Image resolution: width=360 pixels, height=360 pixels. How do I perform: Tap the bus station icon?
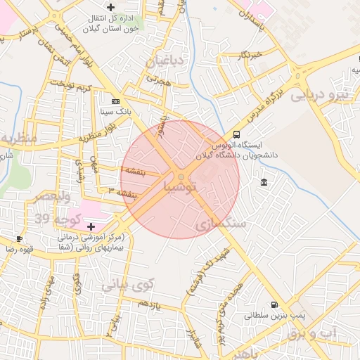click(236, 134)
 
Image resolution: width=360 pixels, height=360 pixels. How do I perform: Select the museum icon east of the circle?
click(264, 183)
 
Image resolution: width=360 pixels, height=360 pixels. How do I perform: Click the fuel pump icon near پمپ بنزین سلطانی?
click(274, 306)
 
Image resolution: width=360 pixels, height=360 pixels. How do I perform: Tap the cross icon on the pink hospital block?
click(91, 226)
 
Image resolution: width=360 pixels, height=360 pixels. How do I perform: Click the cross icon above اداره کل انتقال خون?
click(111, 7)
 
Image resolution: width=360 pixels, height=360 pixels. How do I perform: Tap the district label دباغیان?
click(165, 62)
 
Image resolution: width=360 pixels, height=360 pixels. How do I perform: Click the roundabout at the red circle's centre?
click(181, 176)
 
